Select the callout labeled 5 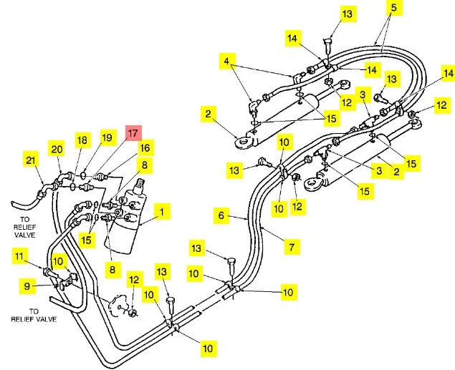[393, 8]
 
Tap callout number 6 [222, 214]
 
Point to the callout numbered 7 [292, 248]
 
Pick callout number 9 [28, 286]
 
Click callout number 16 [145, 148]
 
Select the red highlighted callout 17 [133, 132]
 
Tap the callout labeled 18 [82, 140]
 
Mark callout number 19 [107, 137]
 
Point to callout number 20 [57, 148]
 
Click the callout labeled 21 [30, 160]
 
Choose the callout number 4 [228, 62]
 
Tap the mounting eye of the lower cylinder [312, 185]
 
